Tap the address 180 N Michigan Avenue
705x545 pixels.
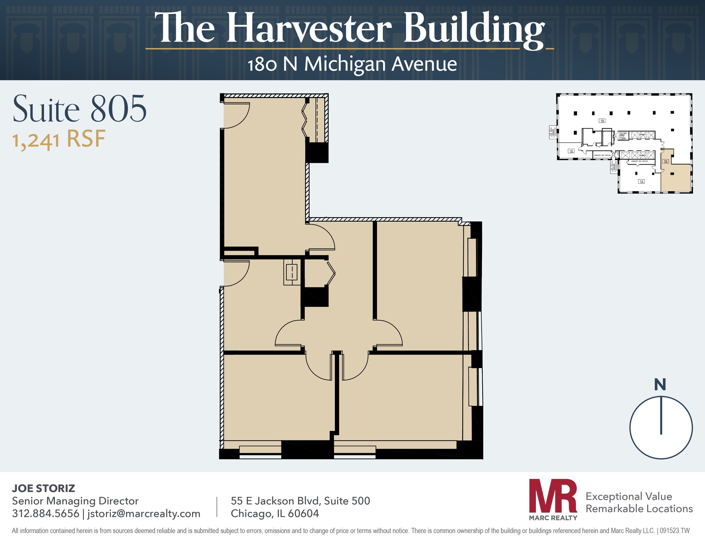coord(352,64)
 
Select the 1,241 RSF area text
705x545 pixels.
coord(59,139)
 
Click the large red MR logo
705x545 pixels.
coord(553,495)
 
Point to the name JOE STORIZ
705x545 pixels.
coord(43,488)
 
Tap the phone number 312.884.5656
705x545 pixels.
coord(45,513)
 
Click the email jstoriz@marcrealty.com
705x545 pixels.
coord(144,513)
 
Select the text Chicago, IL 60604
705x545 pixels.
coord(275,513)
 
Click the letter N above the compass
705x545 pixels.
coord(660,385)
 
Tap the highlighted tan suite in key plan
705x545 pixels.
coord(675,177)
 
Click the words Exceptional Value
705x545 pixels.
coord(629,496)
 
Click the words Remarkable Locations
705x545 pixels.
coord(639,509)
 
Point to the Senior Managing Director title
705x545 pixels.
coord(75,501)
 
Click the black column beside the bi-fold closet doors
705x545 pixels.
coord(317,153)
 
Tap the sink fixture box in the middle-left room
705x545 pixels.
coord(292,272)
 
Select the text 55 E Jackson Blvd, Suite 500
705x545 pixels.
coord(300,501)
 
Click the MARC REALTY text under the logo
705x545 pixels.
coord(553,518)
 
